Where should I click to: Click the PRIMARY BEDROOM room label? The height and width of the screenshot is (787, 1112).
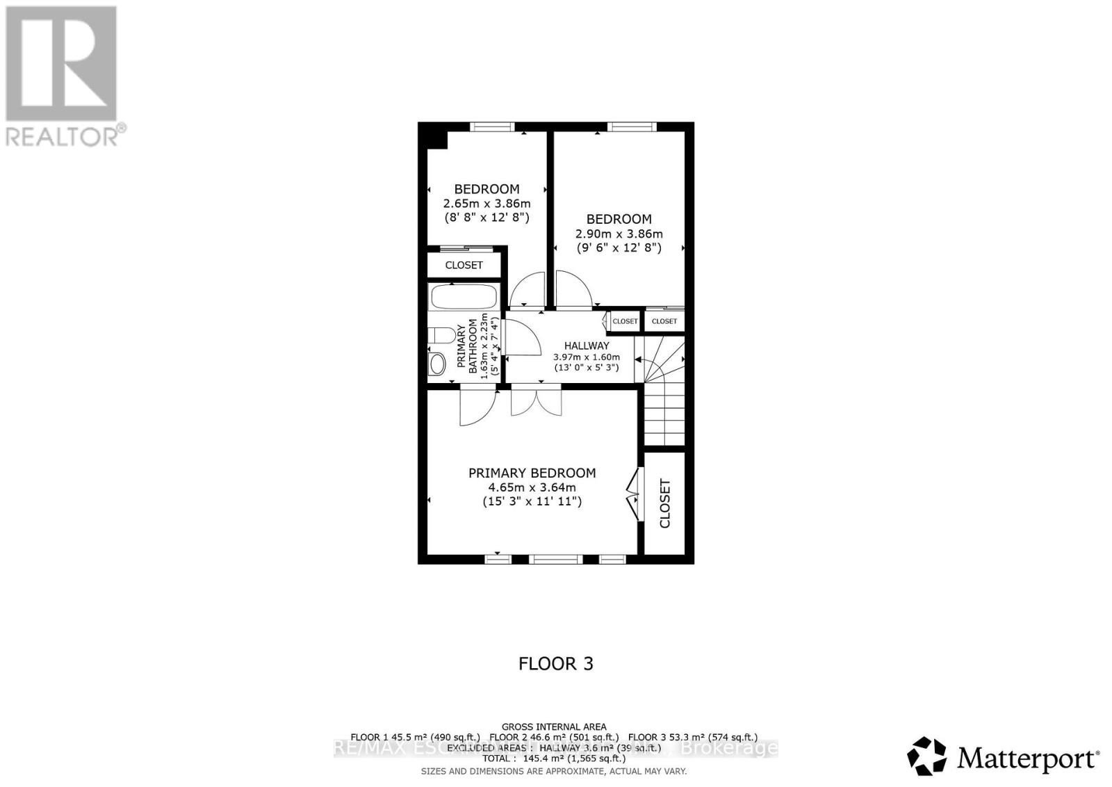[532, 473]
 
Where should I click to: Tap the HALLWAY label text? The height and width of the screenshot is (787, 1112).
[587, 346]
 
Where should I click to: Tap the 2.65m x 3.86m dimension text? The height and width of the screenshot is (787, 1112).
[486, 204]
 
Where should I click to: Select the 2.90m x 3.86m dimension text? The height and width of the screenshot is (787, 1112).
[619, 234]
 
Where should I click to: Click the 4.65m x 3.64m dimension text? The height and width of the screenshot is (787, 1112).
[532, 487]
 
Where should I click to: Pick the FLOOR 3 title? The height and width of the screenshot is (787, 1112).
[556, 663]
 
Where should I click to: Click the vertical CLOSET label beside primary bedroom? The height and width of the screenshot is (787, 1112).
[664, 503]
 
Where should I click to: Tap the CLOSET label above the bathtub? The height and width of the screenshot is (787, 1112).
[464, 265]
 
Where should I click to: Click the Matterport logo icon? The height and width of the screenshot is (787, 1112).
[926, 756]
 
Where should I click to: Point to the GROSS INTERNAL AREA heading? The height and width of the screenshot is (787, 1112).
[554, 727]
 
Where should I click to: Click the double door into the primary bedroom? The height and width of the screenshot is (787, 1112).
[536, 403]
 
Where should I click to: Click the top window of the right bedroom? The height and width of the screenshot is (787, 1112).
[631, 127]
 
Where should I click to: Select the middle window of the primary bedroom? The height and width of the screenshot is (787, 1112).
[555, 558]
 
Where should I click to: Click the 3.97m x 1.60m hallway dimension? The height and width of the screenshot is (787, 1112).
[587, 357]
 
